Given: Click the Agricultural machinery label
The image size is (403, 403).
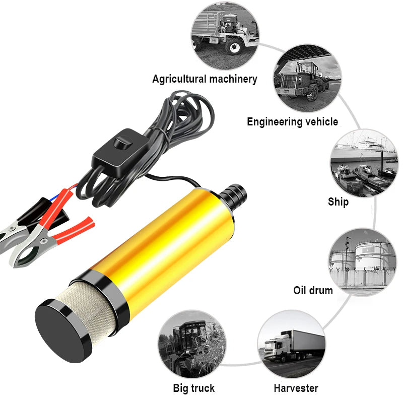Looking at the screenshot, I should (205, 79).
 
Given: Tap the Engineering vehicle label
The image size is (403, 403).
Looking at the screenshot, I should (292, 122).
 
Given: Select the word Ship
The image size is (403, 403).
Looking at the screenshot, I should (338, 202).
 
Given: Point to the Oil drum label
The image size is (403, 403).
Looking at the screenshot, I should (313, 291).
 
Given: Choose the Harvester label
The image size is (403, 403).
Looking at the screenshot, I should (296, 388).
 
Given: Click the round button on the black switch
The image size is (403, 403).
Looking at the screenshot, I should (121, 143).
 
